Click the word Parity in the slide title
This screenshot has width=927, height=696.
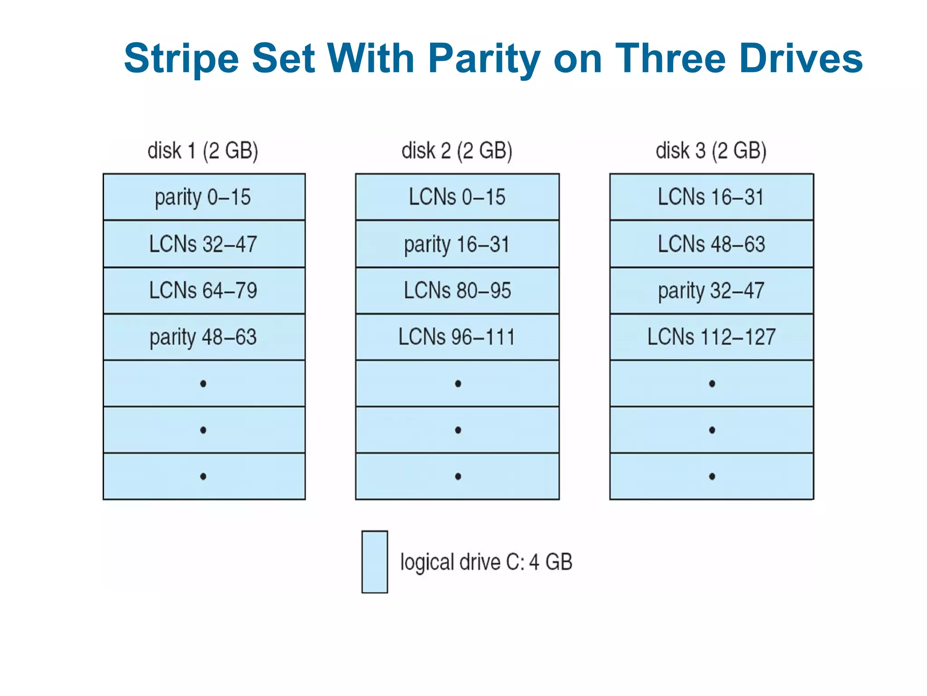coord(484,59)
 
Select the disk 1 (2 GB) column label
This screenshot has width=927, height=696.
coord(203,151)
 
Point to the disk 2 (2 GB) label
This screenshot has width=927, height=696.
coord(457,151)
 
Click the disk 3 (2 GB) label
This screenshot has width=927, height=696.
coord(711,151)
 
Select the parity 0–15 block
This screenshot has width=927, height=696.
coord(204,198)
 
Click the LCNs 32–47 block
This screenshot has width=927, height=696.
coord(204,244)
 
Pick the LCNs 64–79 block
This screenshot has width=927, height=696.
coord(204,290)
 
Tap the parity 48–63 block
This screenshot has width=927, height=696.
coord(204,337)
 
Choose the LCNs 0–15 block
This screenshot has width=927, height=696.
coord(457,198)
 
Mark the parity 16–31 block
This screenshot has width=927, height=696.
coord(457,244)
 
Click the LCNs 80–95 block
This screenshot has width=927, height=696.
coord(457,290)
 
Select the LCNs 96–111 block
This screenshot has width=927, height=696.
coord(457,337)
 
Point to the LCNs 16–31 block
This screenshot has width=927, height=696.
coord(711,198)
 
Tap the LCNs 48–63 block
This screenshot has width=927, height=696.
coord(711,244)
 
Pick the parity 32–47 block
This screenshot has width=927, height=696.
coord(711,290)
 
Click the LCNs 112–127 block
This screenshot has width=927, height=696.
coord(711,337)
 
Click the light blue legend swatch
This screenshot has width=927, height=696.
coord(375,562)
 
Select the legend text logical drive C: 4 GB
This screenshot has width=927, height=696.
coord(486,562)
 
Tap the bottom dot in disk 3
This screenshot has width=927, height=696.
coord(712,476)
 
